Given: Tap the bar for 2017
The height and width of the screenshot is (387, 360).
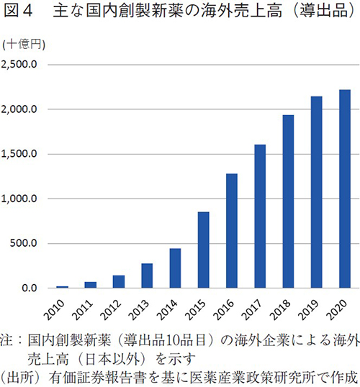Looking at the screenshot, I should tap(260, 216).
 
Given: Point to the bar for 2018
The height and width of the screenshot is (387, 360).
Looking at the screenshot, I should tap(288, 201).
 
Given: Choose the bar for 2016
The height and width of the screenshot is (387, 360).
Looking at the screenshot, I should tap(232, 230).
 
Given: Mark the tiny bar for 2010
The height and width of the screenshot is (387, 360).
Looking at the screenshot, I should tap(63, 286).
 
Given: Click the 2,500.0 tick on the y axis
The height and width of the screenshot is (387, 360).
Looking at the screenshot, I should tap(24, 65).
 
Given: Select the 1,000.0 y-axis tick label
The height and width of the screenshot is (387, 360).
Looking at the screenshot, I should tap(24, 199).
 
